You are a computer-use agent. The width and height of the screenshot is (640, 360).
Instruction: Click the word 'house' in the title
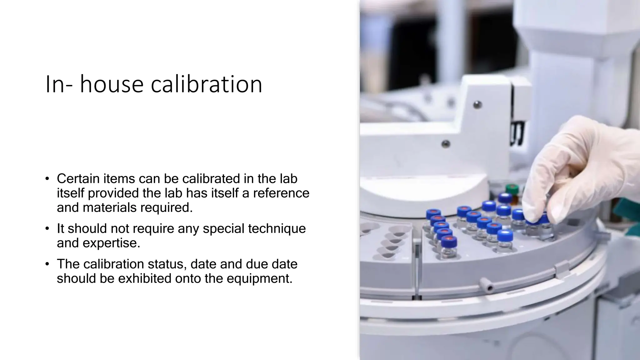coord(111,84)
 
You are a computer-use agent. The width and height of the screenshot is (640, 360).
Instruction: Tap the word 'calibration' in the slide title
coord(207,84)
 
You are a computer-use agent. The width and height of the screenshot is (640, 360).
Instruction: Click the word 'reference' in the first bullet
coord(281,193)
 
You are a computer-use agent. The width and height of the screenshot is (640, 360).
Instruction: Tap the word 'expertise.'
coord(112,243)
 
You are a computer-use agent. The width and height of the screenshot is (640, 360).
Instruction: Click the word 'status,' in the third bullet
coord(167,264)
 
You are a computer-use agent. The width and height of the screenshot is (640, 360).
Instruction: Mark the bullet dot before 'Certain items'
coord(47,179)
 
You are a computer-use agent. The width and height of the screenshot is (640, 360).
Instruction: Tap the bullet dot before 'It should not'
coord(47,229)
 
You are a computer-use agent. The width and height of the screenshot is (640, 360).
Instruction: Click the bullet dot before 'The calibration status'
coord(47,264)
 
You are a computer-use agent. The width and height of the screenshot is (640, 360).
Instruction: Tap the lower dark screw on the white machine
coord(445,144)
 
